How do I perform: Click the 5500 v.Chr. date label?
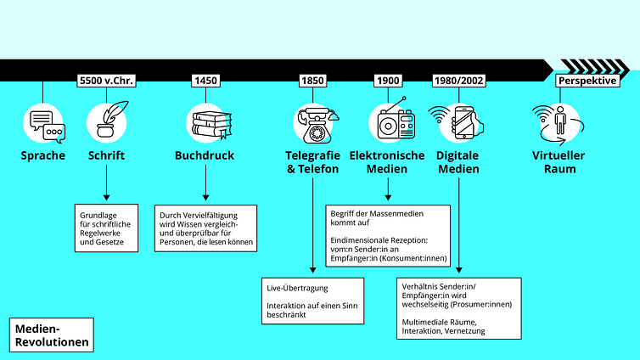(x=107, y=81)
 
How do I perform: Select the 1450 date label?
(x=205, y=81)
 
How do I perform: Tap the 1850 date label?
(x=312, y=81)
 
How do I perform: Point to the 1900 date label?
(x=388, y=81)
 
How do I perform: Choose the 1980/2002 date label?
(x=458, y=81)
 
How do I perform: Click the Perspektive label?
(x=587, y=81)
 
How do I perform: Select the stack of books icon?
(x=211, y=125)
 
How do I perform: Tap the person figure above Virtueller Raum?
(x=560, y=120)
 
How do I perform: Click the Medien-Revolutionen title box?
(x=52, y=335)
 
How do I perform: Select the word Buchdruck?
(x=205, y=155)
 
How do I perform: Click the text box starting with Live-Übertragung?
(x=312, y=301)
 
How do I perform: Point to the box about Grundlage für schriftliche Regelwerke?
(x=107, y=228)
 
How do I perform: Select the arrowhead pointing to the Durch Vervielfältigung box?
(x=205, y=198)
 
